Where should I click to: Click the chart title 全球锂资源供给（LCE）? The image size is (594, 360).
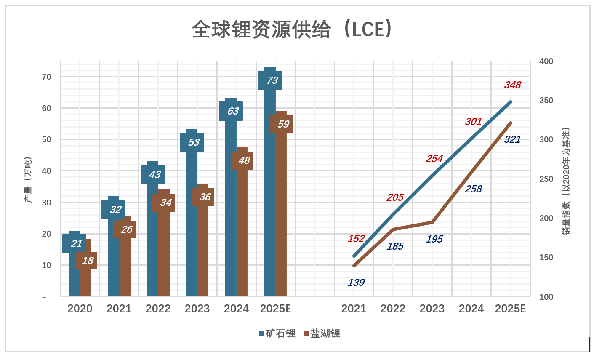coord(292,29)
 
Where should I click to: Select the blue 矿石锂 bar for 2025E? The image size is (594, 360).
coord(270,189)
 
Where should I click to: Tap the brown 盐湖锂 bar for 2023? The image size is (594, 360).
coord(203,248)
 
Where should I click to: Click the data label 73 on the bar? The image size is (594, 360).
coord(272,80)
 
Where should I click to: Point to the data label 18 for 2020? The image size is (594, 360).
coord(87,261)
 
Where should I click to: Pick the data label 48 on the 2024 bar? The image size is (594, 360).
coord(244,160)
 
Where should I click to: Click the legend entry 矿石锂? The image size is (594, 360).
coord(277,333)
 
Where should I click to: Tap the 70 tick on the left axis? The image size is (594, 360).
coord(47,77)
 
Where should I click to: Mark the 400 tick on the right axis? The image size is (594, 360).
coord(546,61)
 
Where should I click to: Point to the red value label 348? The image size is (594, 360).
coord(512,85)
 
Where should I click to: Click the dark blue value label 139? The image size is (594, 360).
coord(356,283)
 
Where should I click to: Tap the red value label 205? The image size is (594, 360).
coord(395,197)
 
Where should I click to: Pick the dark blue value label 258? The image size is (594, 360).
coord(473,189)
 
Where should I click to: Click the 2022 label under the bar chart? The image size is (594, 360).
coord(158,309)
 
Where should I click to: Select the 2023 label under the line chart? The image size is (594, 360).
coord(432,309)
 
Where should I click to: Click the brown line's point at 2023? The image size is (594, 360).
coord(432,222)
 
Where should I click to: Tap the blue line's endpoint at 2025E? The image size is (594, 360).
coord(511,102)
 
